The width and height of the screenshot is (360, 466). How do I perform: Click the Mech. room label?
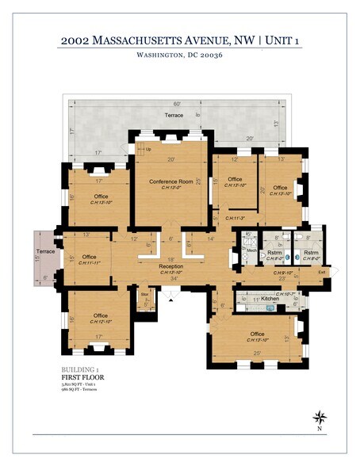tap(251, 251)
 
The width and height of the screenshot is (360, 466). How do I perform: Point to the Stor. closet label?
tap(144, 295)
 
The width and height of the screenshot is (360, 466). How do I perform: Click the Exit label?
tap(322, 273)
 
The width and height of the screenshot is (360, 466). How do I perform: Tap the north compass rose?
tap(319, 418)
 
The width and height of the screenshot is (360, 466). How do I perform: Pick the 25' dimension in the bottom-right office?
tap(257, 353)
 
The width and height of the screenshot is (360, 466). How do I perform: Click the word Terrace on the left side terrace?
tap(45, 250)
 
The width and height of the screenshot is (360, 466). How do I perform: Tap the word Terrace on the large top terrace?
tap(173, 116)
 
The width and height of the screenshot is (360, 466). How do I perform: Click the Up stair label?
tap(148, 148)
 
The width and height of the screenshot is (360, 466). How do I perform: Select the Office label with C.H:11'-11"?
tap(89, 257)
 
